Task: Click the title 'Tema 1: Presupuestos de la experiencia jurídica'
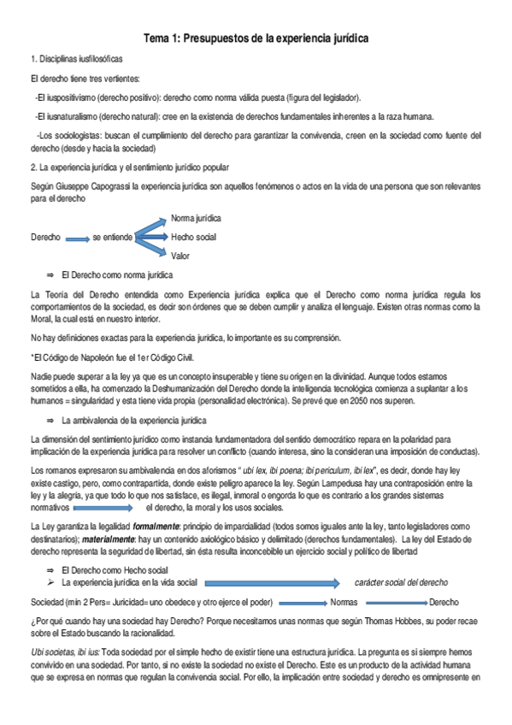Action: (256, 40)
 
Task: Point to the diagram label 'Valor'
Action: (180, 255)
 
